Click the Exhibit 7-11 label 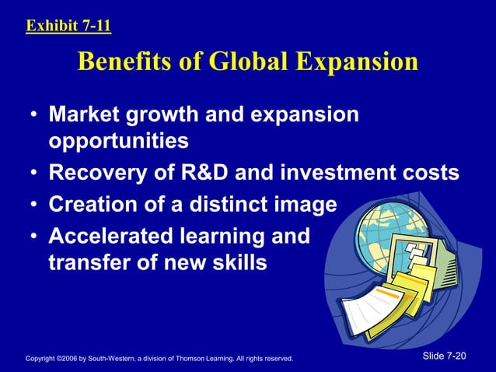pos(68,26)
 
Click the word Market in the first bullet pos(86,115)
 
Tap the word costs pos(428,174)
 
